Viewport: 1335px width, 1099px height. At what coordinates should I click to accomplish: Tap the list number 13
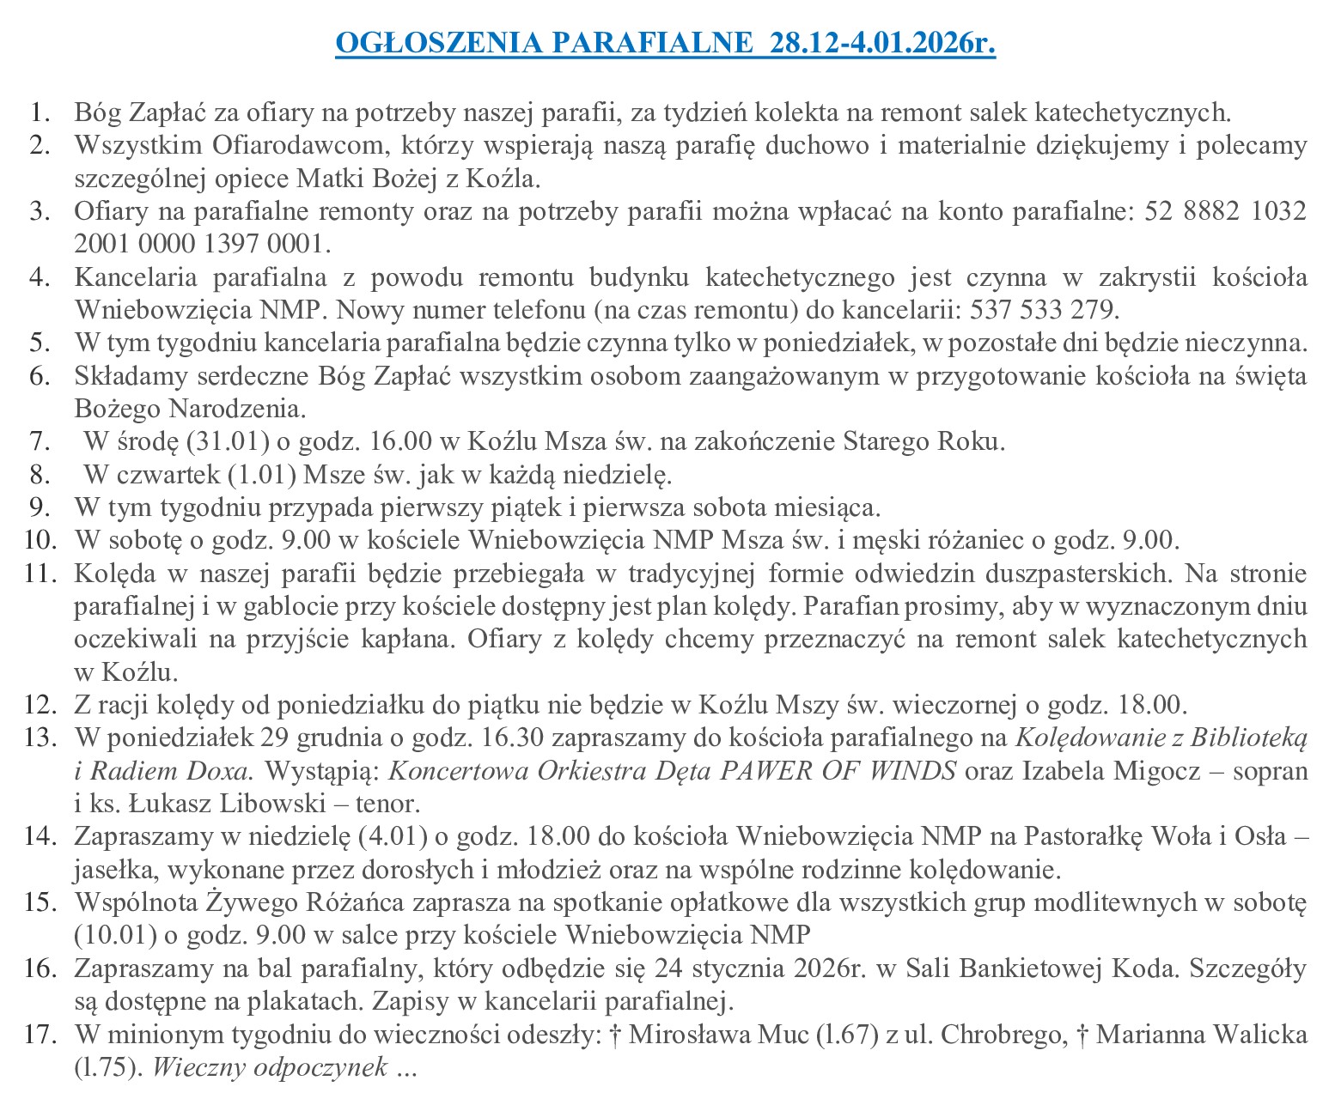click(x=40, y=738)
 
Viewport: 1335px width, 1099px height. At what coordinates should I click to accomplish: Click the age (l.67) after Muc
click(x=845, y=1035)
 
